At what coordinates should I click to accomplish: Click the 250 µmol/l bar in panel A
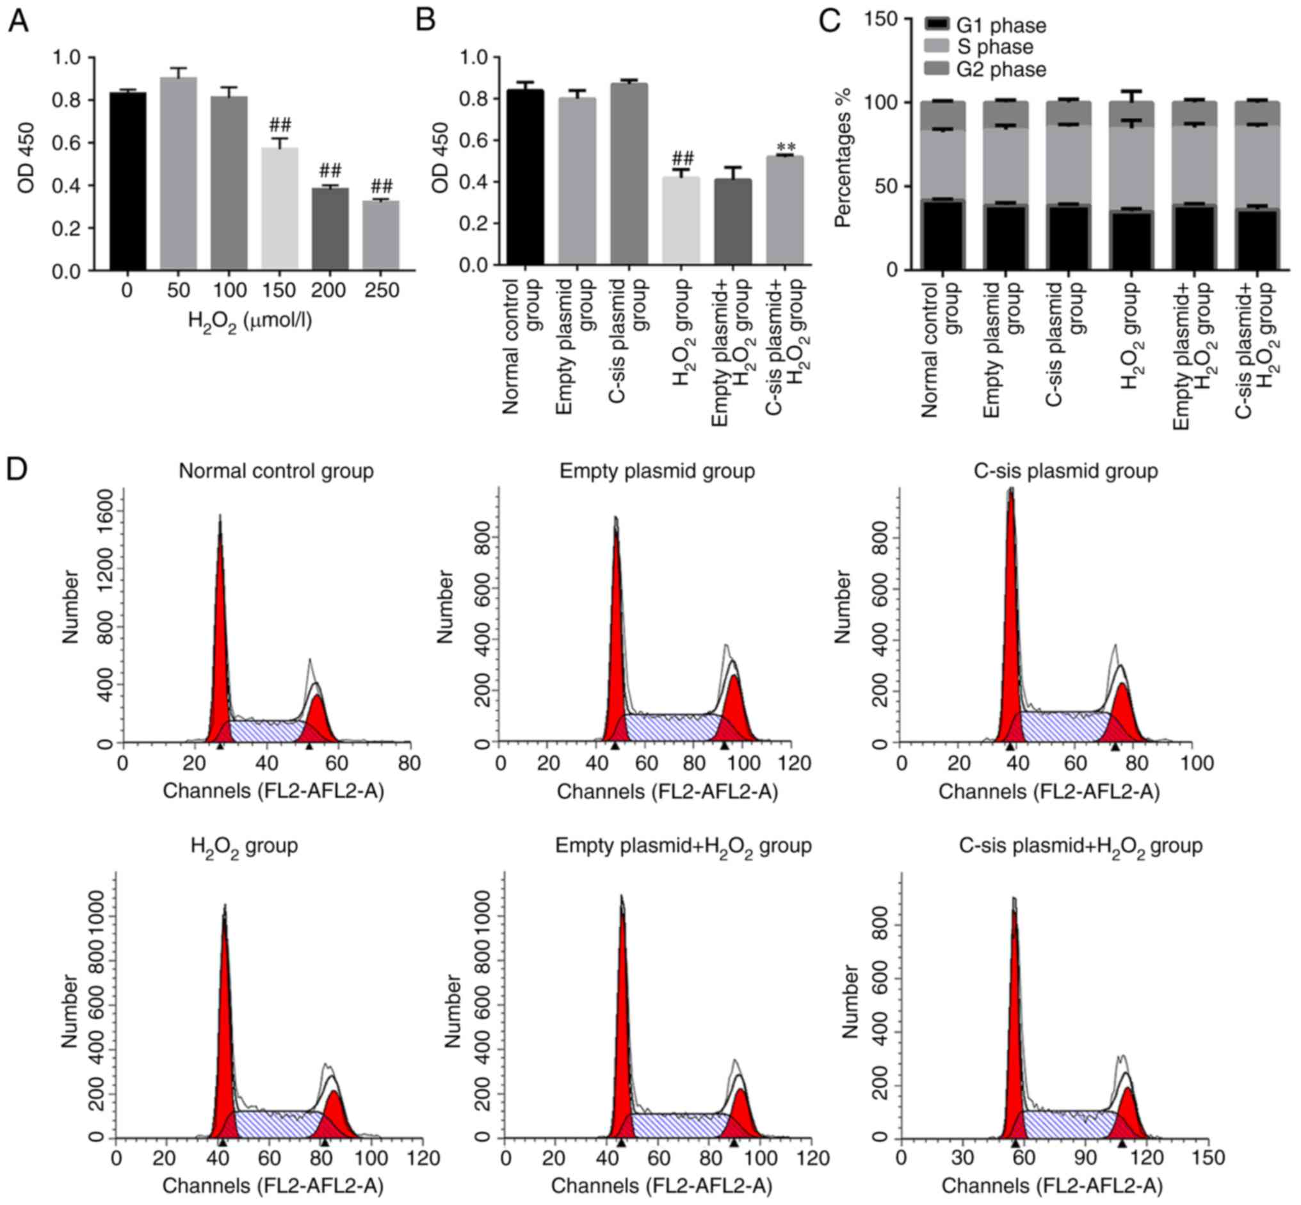point(380,235)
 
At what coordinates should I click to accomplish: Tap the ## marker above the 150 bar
point(280,125)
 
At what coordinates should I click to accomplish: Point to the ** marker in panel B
point(785,147)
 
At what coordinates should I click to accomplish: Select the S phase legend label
point(995,47)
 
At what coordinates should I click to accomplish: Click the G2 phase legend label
point(1001,69)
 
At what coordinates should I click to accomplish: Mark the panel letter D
point(17,468)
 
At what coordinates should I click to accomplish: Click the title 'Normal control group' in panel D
point(276,471)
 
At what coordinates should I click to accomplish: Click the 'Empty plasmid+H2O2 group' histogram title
point(683,846)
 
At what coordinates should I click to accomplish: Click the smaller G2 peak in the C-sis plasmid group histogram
point(1122,711)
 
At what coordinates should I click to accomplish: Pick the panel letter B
point(425,21)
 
